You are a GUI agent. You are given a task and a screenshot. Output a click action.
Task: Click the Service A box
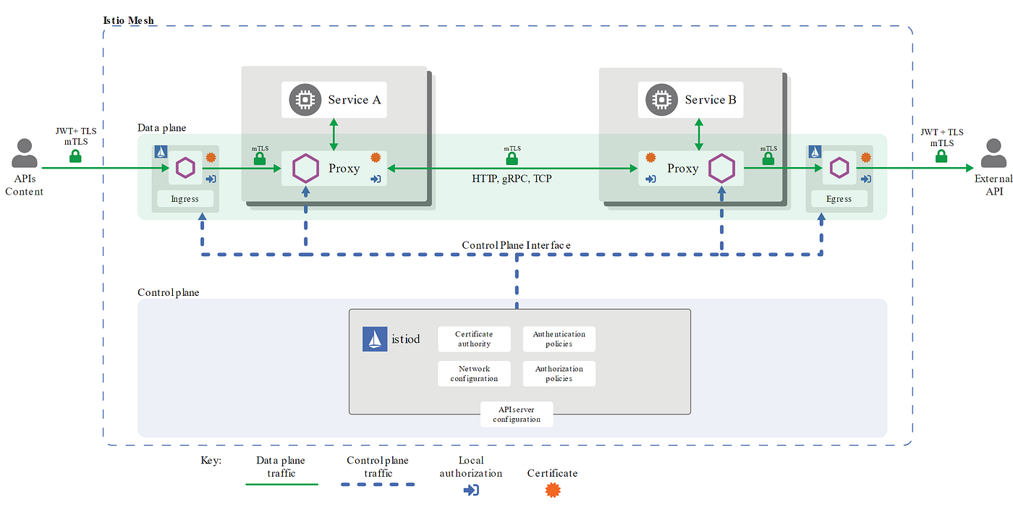click(x=334, y=100)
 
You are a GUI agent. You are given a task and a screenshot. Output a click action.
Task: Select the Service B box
click(x=691, y=100)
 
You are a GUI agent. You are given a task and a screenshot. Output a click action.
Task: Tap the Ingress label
click(x=185, y=199)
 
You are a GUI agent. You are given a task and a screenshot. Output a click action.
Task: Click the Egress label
click(x=839, y=199)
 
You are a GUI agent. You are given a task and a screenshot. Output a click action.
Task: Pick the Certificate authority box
click(x=474, y=339)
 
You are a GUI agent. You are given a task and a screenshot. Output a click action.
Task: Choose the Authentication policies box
click(x=559, y=339)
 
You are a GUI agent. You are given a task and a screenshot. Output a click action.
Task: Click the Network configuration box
click(x=474, y=373)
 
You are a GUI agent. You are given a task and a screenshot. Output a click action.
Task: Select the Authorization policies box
click(x=559, y=373)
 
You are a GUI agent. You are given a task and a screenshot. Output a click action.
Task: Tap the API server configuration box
click(x=517, y=414)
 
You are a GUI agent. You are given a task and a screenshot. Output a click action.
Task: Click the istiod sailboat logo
click(x=375, y=339)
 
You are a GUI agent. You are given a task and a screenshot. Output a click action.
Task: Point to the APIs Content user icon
click(x=25, y=153)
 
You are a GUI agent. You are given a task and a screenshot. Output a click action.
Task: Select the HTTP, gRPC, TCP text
click(x=512, y=178)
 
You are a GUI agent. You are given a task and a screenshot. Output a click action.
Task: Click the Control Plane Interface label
click(x=516, y=245)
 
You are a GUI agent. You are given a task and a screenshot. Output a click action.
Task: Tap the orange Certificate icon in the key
click(x=552, y=490)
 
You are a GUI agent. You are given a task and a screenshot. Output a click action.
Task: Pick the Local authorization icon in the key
click(x=470, y=490)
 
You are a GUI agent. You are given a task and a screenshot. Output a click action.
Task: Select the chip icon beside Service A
click(x=305, y=100)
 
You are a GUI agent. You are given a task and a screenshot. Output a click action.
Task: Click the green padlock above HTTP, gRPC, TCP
click(x=512, y=158)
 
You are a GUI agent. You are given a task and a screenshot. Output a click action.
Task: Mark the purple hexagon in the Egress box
click(x=839, y=168)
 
